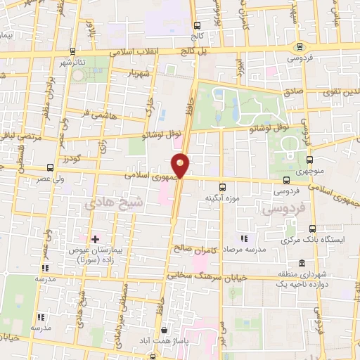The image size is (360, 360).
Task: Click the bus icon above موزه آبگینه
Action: point(223,187)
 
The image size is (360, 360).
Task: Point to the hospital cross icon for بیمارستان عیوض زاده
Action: point(96,240)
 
